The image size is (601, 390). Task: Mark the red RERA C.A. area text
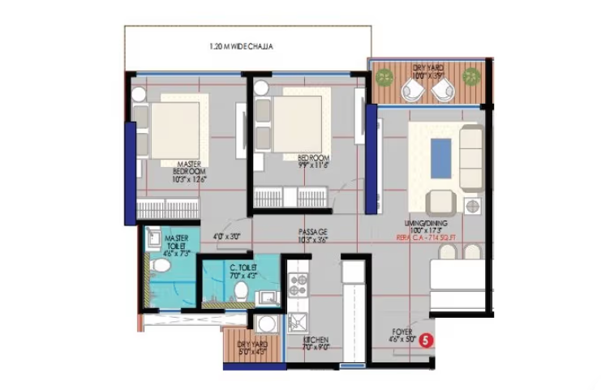(x=433, y=238)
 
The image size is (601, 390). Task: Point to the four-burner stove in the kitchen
(x=298, y=284)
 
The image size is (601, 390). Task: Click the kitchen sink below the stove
(x=297, y=320)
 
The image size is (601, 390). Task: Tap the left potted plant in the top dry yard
(x=384, y=76)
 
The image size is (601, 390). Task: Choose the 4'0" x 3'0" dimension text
(x=226, y=238)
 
